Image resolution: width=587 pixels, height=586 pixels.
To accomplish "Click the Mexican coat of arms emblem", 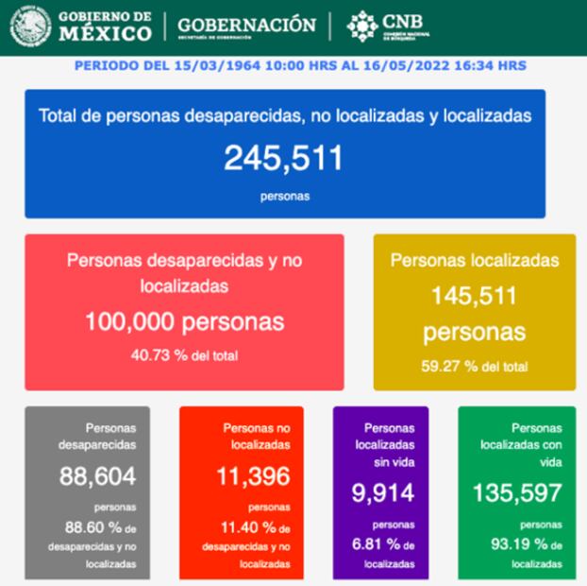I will coord(31,26).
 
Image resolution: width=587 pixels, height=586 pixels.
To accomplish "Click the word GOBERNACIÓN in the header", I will coord(246,25).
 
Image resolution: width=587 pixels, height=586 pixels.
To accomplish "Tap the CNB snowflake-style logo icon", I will coord(363,26).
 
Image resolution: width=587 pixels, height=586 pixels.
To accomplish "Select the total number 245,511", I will coord(283,158).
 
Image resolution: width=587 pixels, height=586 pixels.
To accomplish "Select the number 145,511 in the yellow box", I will coord(474,297).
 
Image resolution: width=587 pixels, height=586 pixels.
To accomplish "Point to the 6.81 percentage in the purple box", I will coord(372,544).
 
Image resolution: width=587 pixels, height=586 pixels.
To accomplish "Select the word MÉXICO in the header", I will coord(105,33).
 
